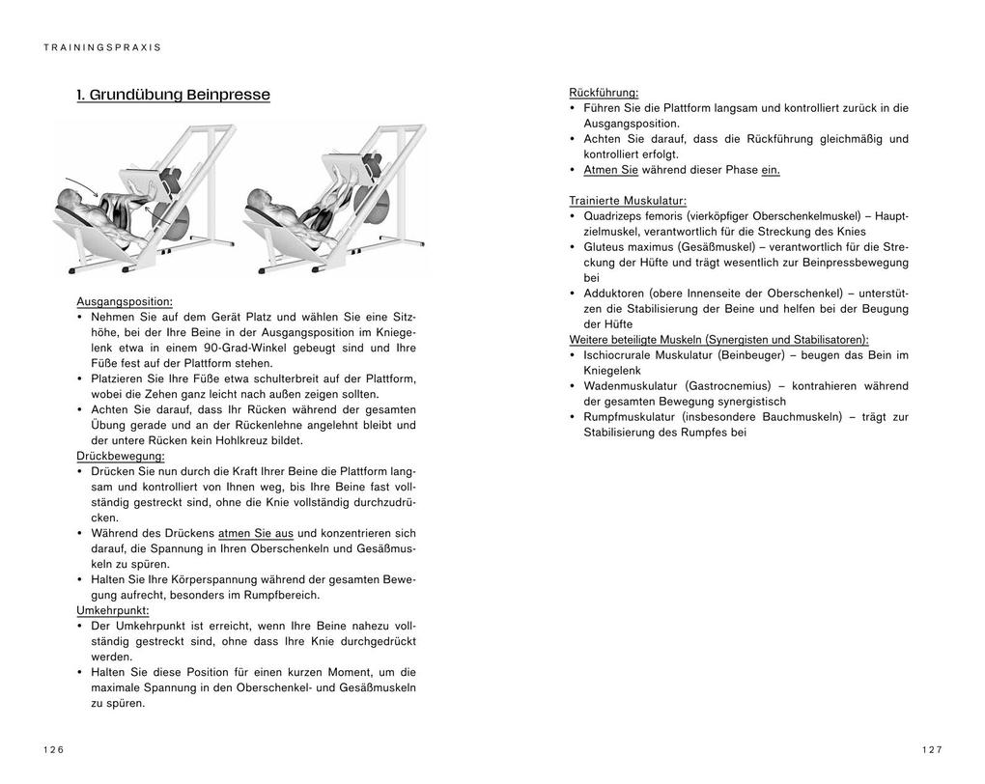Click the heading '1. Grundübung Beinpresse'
point(174,95)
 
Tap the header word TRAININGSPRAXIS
point(102,47)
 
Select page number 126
point(53,749)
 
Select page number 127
point(931,749)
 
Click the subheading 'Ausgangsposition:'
point(125,301)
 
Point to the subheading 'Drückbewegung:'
point(121,456)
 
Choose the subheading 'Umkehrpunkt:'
point(113,610)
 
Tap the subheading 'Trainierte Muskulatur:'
point(628,201)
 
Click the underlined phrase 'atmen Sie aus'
point(256,533)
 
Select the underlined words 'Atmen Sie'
point(610,170)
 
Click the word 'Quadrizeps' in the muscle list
point(615,216)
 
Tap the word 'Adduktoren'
point(615,294)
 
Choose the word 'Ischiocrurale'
point(621,355)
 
